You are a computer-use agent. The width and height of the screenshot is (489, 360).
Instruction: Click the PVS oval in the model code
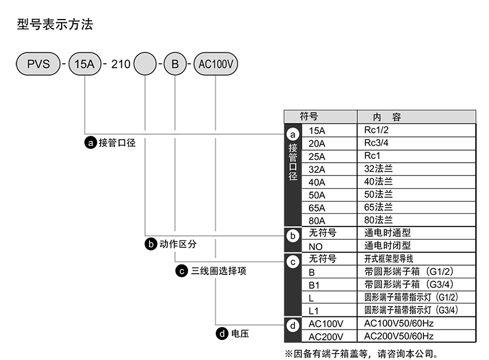point(39,64)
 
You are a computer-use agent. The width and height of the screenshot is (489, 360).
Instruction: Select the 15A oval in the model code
point(85,64)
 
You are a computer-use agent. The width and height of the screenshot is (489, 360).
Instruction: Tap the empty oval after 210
point(145,64)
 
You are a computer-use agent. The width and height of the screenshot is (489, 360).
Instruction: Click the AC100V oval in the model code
point(216,64)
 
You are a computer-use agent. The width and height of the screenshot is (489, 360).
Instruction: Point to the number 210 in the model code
point(120,64)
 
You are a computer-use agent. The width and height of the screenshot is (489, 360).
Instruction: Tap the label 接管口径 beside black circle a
point(117,142)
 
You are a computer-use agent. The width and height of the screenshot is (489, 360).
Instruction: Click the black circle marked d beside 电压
point(220,333)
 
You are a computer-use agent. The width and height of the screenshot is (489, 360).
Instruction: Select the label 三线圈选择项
point(219,270)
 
